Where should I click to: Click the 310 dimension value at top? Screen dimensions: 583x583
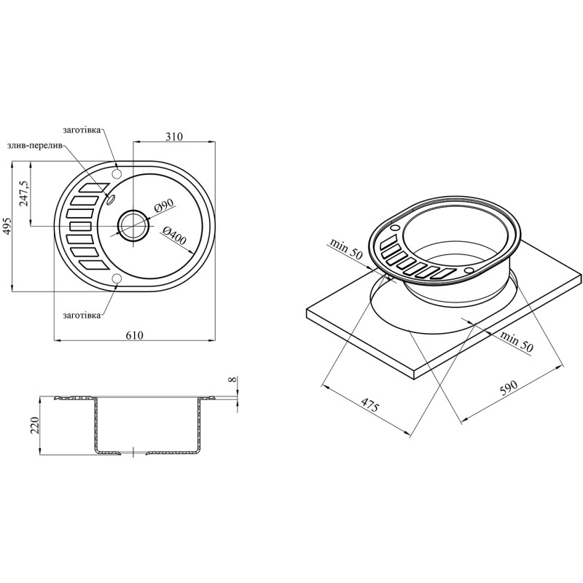173,136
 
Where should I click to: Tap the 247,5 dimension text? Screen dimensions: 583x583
25,194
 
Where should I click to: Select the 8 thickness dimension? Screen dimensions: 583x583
233,380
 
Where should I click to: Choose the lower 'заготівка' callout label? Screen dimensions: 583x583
82,315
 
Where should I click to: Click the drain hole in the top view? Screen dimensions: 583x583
133,225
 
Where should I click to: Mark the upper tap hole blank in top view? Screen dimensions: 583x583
117,172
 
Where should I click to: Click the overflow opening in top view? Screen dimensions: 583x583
111,199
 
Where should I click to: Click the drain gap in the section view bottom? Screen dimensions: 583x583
133,453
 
